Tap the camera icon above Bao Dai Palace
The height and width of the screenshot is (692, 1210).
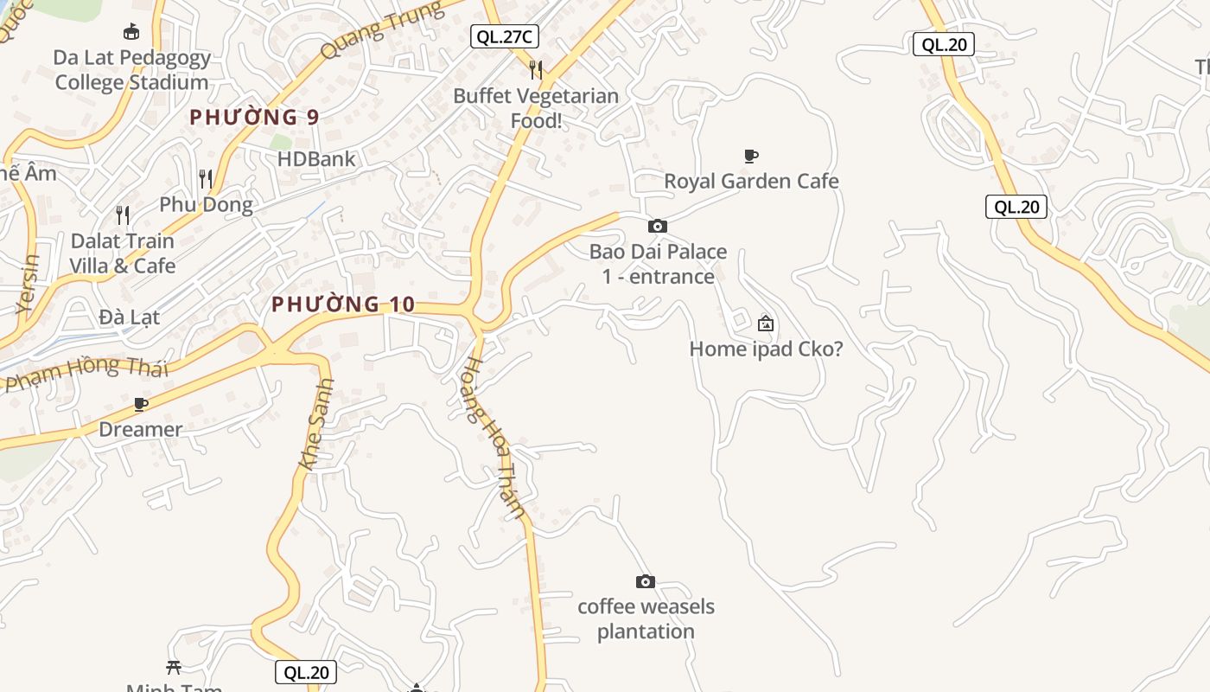[x=658, y=227]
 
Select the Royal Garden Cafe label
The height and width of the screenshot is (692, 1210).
[x=751, y=181]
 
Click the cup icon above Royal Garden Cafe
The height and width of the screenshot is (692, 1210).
[x=751, y=157]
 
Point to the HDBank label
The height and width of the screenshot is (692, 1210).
[x=316, y=159]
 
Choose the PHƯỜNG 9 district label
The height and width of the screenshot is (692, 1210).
[x=255, y=117]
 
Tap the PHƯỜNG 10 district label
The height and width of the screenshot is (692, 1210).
[x=343, y=304]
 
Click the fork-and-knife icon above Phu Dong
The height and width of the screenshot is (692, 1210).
[x=206, y=179]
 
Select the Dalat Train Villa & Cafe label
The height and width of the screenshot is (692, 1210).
[x=123, y=253]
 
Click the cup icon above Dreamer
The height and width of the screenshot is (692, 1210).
[x=140, y=405]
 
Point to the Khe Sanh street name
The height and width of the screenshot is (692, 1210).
[x=315, y=424]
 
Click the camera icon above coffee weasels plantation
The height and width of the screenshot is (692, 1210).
[x=645, y=581]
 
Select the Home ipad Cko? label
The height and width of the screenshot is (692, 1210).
[x=766, y=349]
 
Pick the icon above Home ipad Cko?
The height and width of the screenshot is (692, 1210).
[x=765, y=324]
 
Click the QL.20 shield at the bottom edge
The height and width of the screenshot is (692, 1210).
[x=306, y=672]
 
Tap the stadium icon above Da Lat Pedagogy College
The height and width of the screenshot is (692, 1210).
[x=131, y=33]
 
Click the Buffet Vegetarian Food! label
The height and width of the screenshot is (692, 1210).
[x=536, y=108]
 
